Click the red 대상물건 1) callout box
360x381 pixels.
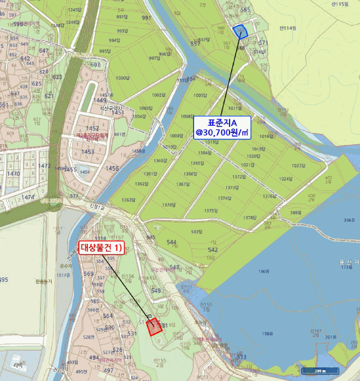(x=102, y=249)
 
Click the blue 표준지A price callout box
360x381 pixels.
(x=222, y=127)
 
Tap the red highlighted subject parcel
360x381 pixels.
(x=156, y=325)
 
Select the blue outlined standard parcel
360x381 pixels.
(x=240, y=31)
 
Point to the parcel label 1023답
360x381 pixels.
(x=299, y=165)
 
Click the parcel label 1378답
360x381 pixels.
(x=249, y=217)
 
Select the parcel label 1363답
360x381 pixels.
(x=128, y=200)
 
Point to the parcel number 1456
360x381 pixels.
(x=112, y=169)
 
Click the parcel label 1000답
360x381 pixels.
(x=123, y=78)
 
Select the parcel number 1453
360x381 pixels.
(x=87, y=152)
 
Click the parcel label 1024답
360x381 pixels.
(x=285, y=179)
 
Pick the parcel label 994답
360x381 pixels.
(x=114, y=40)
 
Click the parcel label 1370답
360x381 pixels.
(x=169, y=205)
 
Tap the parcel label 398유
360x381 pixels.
(x=311, y=212)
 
